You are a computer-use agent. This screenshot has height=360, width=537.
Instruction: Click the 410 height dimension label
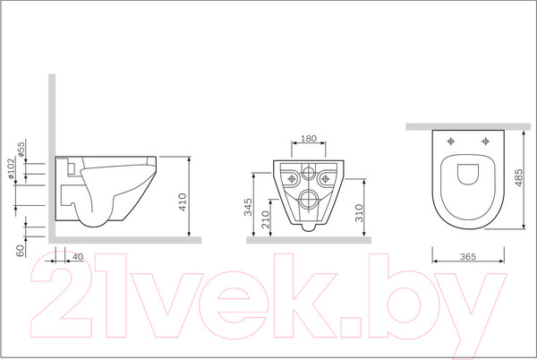point(183,202)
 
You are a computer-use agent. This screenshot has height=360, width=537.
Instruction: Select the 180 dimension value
point(309,139)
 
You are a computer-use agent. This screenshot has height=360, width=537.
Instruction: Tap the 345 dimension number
point(248,207)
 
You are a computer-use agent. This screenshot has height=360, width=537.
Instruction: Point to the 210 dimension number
point(266,219)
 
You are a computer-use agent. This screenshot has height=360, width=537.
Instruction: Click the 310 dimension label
point(359,213)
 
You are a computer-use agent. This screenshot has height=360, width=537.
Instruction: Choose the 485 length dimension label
point(518,177)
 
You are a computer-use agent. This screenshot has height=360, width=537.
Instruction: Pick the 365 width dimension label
point(468,256)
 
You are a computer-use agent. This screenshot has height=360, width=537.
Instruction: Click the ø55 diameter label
point(21,150)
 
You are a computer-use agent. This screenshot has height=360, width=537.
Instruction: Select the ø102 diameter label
point(11,168)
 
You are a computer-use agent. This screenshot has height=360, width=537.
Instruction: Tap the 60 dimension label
point(21,251)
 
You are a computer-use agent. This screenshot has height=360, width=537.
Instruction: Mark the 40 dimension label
point(78,256)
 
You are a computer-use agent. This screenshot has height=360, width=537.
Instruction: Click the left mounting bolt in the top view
point(451,141)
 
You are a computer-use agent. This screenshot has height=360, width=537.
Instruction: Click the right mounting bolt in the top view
point(485,141)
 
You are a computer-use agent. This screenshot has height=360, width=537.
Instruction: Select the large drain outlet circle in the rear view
point(308,199)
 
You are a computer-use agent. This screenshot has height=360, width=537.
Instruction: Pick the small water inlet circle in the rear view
point(309,172)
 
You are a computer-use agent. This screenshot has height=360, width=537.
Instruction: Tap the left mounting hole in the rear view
point(292,178)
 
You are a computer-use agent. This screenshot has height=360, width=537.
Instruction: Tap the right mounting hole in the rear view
point(326,178)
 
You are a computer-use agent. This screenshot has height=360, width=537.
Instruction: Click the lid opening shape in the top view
point(468,174)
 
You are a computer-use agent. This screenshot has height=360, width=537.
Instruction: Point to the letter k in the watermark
point(305,296)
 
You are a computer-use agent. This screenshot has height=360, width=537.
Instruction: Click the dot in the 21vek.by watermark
point(352,327)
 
